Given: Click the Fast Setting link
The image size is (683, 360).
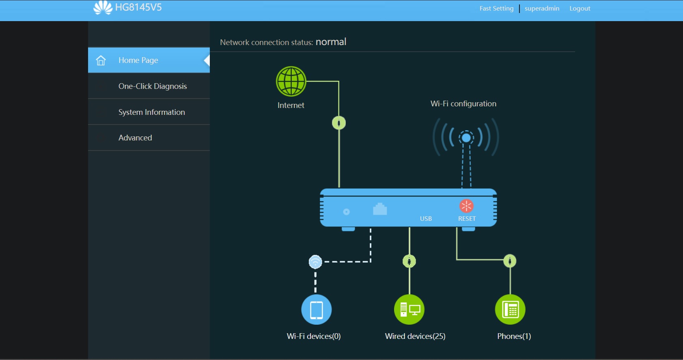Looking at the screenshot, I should click(496, 9).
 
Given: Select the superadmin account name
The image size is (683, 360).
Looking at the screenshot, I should click(542, 9).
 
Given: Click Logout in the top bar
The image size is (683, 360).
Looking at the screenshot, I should click(580, 9).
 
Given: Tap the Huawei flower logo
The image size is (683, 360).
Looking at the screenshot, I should click(103, 7).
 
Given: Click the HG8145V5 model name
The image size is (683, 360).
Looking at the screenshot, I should click(138, 7).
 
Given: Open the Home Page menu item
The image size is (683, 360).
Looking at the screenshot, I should click(138, 60).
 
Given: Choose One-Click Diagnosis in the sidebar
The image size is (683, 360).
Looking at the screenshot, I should click(153, 86).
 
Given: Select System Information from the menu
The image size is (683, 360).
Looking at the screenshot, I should click(152, 112).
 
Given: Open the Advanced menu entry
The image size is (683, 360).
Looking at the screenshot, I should click(135, 138).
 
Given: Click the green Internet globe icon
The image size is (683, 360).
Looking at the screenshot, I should click(291, 81).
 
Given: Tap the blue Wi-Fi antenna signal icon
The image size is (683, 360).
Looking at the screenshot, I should click(466, 138).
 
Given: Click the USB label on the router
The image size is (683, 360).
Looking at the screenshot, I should click(426, 219).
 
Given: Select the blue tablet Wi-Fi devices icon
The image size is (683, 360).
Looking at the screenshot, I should click(317, 310).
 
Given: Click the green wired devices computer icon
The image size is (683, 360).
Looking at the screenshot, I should click(409, 310).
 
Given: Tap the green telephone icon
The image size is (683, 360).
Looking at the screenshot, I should click(510, 310).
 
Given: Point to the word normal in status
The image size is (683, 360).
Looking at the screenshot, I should click(331, 42).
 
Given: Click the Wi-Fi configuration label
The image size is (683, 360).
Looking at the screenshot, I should click(463, 104).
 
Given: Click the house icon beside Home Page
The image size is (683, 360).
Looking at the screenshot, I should click(101, 60).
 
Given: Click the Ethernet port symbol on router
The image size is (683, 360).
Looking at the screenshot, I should click(380, 209).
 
